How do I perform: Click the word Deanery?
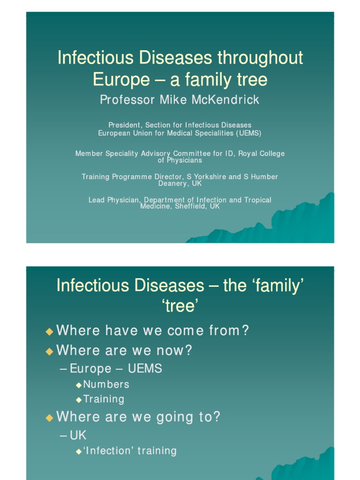[x=173, y=183]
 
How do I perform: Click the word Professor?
[x=123, y=100]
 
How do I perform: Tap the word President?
[x=125, y=125]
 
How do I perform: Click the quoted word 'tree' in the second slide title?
[x=180, y=306]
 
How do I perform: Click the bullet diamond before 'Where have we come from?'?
[x=49, y=331]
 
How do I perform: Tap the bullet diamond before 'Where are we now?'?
[x=49, y=351]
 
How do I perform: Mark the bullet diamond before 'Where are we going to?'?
[x=49, y=418]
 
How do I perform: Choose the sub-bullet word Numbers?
[x=106, y=384]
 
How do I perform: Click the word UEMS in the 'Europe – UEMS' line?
[x=145, y=368]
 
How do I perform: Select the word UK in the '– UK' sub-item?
[x=78, y=435]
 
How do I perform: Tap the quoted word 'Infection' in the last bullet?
[x=110, y=451]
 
